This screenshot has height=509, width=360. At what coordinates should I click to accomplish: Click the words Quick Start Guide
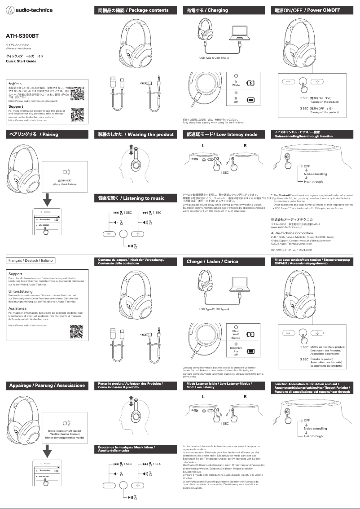pos(21,61)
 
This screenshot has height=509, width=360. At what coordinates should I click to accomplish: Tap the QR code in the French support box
pos(77,331)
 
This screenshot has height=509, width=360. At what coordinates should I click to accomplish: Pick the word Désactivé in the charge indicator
pos(236,348)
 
